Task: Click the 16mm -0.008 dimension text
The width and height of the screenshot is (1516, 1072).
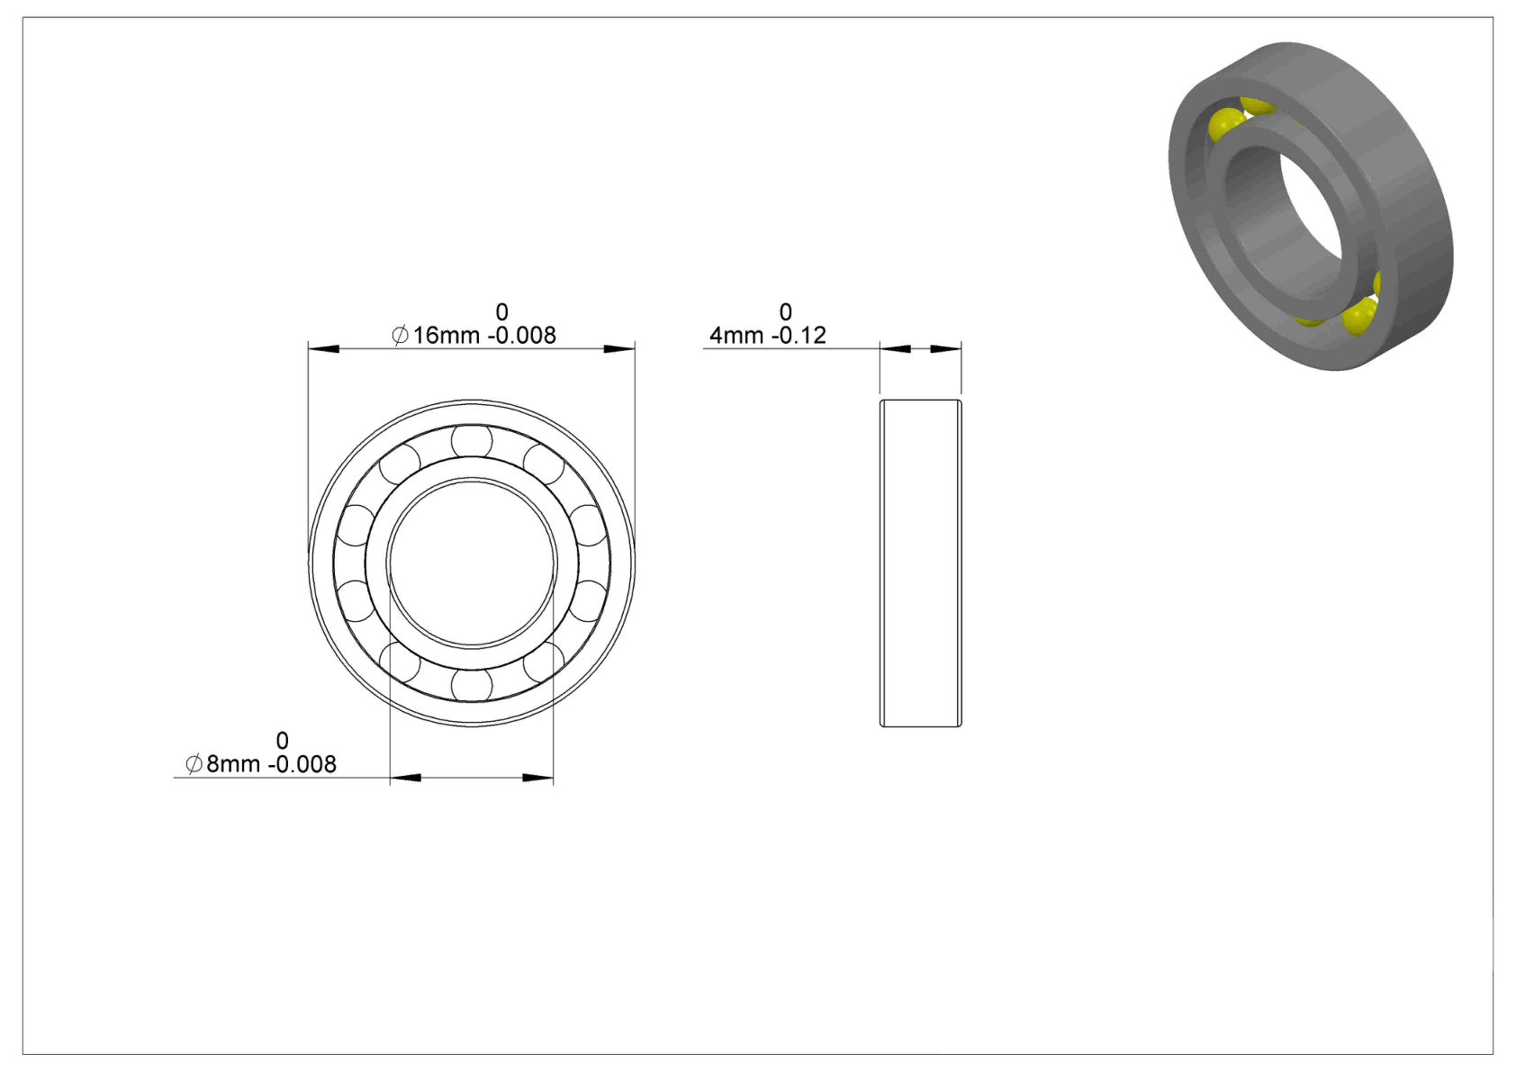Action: (484, 335)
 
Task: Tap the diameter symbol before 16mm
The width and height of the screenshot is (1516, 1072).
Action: (400, 335)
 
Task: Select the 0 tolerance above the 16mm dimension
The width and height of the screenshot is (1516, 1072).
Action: (501, 312)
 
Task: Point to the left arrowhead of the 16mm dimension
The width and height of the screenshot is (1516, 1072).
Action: (323, 349)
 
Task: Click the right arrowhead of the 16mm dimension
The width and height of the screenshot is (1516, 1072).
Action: (619, 349)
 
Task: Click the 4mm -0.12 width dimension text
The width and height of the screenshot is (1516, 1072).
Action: (768, 335)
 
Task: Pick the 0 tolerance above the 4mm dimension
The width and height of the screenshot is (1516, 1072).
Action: (785, 312)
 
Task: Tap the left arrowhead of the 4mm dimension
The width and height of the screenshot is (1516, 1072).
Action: (896, 349)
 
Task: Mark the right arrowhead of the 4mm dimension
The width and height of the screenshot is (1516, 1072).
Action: (946, 349)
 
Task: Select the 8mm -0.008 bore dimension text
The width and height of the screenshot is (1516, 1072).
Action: (271, 764)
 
